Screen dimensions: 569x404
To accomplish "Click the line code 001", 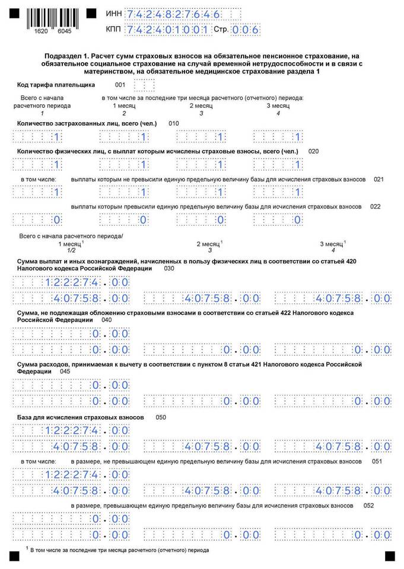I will click(x=120, y=84).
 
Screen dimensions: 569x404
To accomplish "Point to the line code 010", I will click(x=173, y=123).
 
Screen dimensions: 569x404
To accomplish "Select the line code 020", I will click(x=313, y=151).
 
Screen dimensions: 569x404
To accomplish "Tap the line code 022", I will click(x=375, y=206).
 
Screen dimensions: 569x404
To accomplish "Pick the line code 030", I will click(x=169, y=268).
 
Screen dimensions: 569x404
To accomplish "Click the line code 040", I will click(x=107, y=319).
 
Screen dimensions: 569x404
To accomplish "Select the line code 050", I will click(x=161, y=417).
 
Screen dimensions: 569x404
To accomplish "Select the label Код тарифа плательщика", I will click(x=56, y=84).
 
